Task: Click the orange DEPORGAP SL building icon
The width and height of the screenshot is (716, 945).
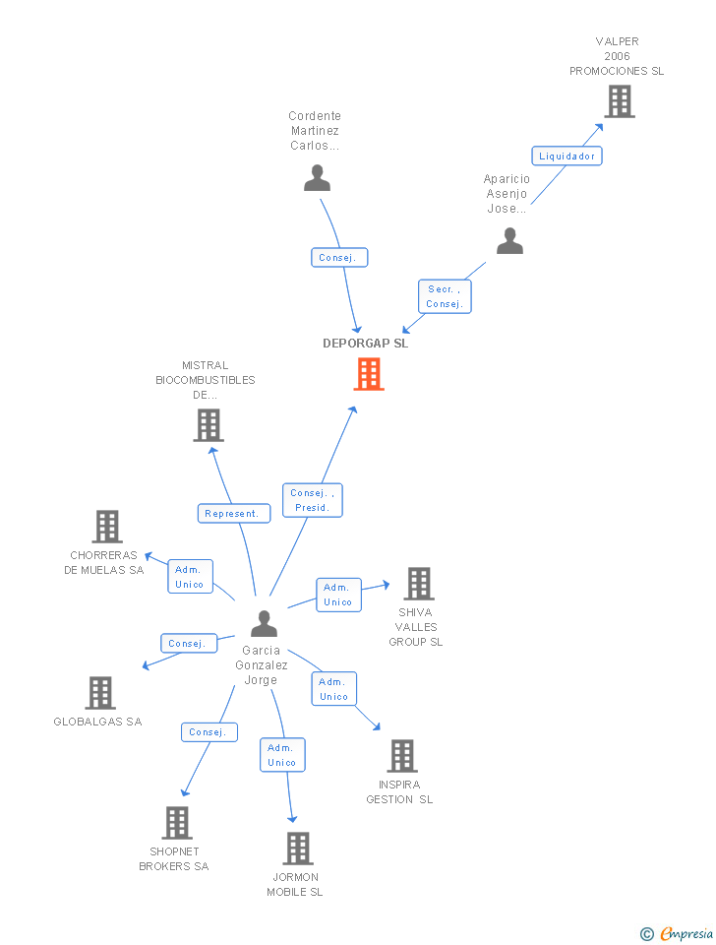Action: [x=369, y=374]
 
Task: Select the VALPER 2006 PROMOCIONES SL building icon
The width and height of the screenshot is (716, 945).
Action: [x=619, y=101]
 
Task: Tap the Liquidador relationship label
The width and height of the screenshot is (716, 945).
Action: [x=567, y=156]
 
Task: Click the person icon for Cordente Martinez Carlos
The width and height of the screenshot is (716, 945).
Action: [x=317, y=178]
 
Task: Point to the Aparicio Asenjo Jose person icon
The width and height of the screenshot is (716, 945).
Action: [x=509, y=241]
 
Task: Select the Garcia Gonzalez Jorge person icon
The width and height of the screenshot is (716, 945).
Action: [x=264, y=624]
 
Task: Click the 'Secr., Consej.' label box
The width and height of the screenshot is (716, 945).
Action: [x=445, y=296]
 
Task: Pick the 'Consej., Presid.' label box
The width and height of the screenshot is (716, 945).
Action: [x=314, y=500]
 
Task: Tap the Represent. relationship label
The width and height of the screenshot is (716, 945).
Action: [x=234, y=513]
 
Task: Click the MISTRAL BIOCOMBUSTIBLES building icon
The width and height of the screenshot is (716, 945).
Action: [x=208, y=425]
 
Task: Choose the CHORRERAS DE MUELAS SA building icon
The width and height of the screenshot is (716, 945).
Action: [x=107, y=527]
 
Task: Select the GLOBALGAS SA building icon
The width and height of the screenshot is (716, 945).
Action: [x=99, y=693]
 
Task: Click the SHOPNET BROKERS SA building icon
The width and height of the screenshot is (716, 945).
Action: [x=176, y=822]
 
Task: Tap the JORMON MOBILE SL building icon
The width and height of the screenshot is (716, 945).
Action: [x=297, y=848]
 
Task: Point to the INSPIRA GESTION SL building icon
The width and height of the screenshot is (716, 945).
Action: [x=401, y=756]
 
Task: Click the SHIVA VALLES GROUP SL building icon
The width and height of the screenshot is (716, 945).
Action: [x=418, y=584]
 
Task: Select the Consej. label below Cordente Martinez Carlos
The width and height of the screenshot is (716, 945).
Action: [x=339, y=258]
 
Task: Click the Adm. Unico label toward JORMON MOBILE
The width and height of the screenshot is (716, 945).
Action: [x=282, y=755]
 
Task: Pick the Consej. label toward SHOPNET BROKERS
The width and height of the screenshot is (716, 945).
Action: [x=209, y=732]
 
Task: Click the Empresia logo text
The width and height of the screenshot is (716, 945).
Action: [x=686, y=933]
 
